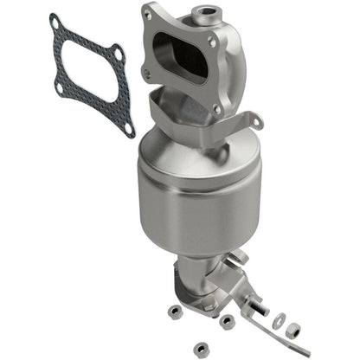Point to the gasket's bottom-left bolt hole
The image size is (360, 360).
(59, 87)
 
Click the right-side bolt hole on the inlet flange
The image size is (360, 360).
(213, 41)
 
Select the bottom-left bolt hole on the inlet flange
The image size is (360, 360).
(146, 76)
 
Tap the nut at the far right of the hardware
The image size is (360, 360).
(293, 330)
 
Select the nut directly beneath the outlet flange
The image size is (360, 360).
(226, 321)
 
